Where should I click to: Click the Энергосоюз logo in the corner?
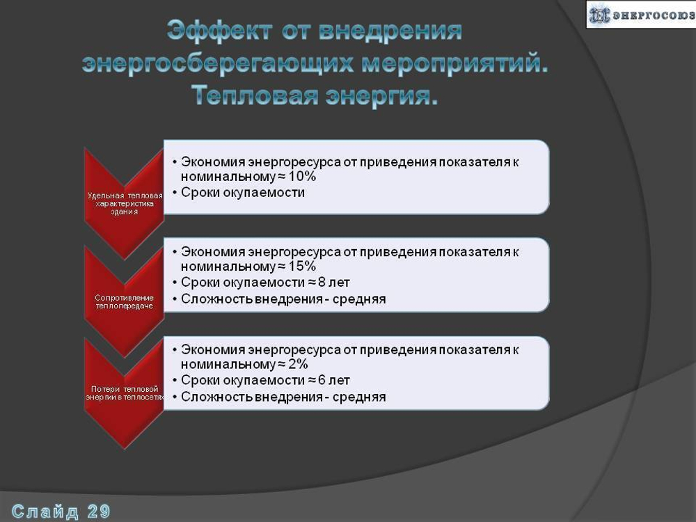(640, 15)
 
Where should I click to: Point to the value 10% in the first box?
(301, 176)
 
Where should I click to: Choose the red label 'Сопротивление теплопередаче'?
(125, 301)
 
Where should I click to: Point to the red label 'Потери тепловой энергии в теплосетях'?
(125, 393)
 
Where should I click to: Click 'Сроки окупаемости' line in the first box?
(243, 193)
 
